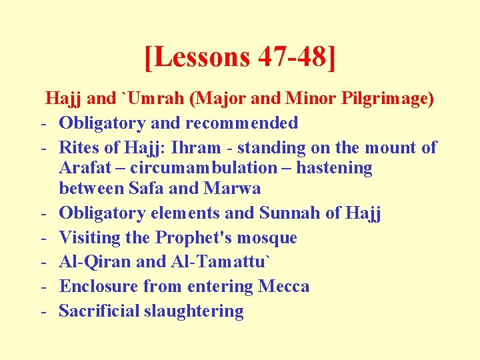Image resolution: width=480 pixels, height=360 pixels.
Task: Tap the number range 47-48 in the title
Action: (291, 57)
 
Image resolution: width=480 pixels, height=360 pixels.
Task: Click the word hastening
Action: (334, 168)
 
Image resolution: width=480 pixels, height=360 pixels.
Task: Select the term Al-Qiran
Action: (95, 262)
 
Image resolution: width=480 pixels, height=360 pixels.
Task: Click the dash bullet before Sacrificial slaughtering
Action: (42, 311)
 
